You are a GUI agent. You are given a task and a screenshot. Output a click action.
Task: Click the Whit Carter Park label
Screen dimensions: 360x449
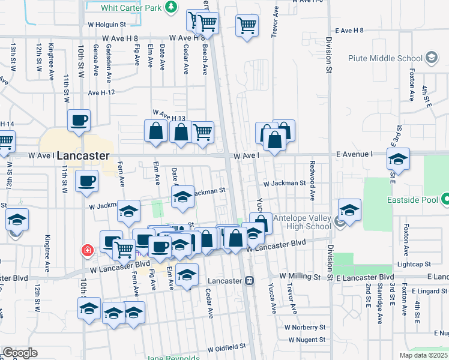pyautogui.click(x=131, y=7)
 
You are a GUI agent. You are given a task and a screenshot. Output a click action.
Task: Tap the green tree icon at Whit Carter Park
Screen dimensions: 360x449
pyautogui.click(x=172, y=7)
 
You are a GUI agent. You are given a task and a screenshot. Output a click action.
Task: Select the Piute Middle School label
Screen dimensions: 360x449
pyautogui.click(x=385, y=58)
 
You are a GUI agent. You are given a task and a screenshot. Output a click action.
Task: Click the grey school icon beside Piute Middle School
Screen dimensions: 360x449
pyautogui.click(x=430, y=58)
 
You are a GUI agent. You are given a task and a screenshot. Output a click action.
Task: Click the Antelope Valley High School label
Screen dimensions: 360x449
pyautogui.click(x=302, y=222)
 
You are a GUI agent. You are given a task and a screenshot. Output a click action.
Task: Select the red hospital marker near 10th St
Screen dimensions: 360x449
pyautogui.click(x=88, y=249)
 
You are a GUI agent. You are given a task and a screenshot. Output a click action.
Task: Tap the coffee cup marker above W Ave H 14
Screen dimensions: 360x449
pyautogui.click(x=79, y=121)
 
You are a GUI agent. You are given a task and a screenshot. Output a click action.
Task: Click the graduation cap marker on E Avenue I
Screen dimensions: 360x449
pyautogui.click(x=397, y=160)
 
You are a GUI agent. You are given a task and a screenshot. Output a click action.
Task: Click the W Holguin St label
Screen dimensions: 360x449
pyautogui.click(x=106, y=25)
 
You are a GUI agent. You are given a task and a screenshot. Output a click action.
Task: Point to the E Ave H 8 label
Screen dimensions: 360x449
pyautogui.click(x=350, y=30)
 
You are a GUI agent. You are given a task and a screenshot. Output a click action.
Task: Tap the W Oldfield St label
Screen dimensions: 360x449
pyautogui.click(x=227, y=347)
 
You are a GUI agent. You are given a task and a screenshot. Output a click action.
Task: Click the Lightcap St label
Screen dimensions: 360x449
pyautogui.click(x=414, y=264)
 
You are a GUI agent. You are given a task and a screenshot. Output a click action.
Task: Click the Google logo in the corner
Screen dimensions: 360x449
pyautogui.click(x=20, y=353)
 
